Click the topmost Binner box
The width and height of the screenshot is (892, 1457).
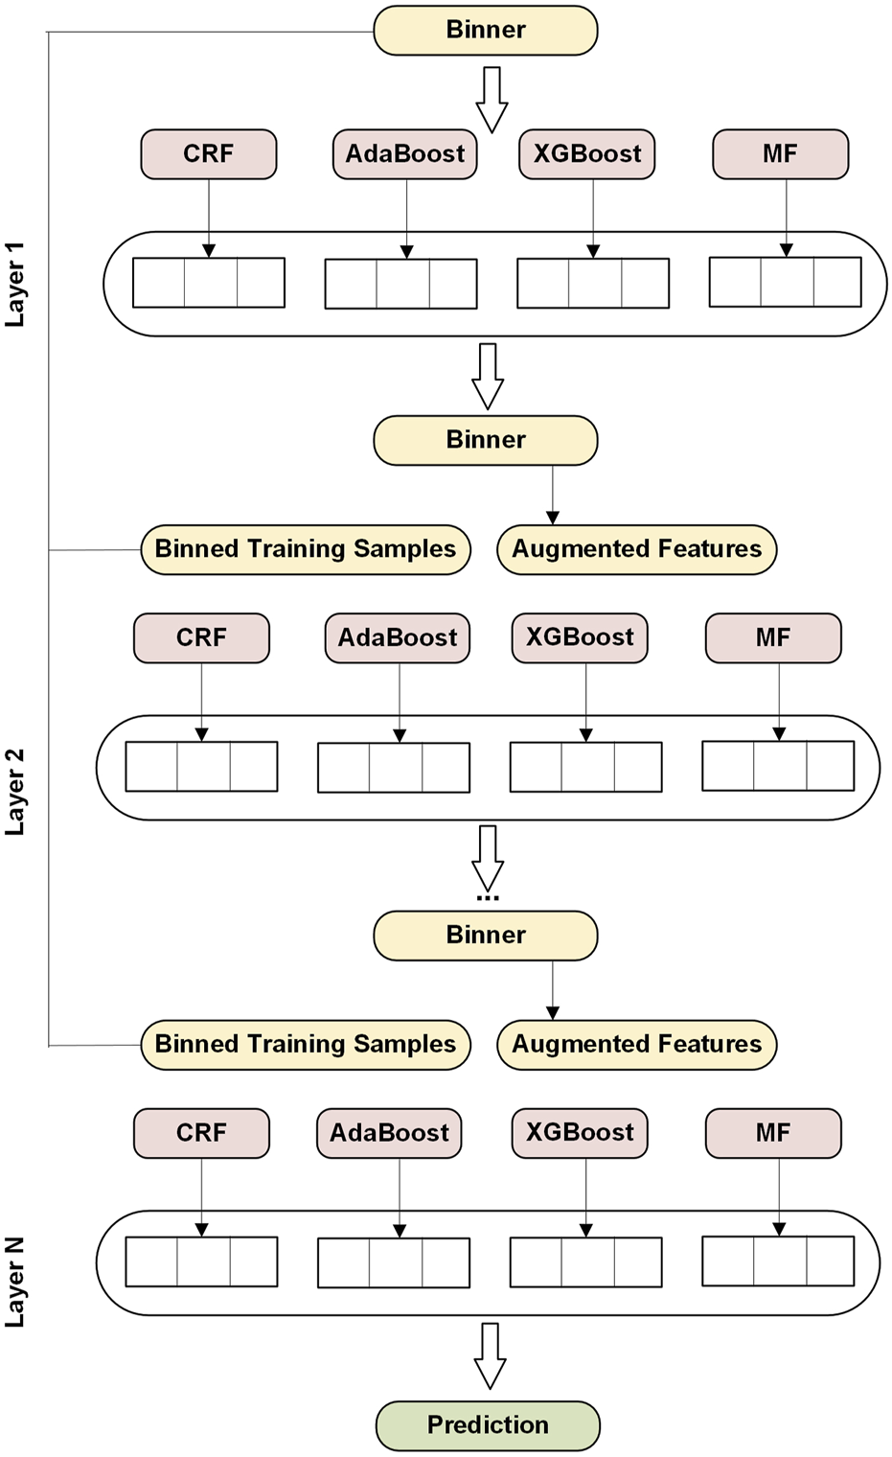click(x=485, y=30)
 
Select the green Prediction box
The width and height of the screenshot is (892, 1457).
click(x=488, y=1424)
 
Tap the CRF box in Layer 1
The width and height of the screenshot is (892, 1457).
click(x=208, y=153)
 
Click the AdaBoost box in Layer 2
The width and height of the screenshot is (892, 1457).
click(x=397, y=637)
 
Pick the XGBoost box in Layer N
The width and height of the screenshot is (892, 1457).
click(x=580, y=1132)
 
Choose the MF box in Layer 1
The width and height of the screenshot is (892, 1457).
click(x=780, y=153)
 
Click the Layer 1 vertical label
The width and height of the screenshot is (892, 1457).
click(x=15, y=284)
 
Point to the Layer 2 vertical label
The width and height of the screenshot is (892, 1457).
click(x=15, y=791)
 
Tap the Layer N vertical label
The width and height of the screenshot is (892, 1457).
click(x=15, y=1282)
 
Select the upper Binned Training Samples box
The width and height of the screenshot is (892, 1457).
click(x=305, y=549)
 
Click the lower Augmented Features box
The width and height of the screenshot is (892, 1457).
click(x=636, y=1044)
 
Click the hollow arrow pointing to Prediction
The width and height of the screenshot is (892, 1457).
click(x=490, y=1355)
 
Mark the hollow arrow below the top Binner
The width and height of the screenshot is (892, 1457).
click(x=492, y=99)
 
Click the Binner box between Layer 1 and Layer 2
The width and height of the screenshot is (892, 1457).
click(x=485, y=440)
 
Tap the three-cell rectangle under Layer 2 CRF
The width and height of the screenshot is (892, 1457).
click(x=201, y=766)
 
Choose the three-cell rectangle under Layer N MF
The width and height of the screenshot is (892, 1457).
click(x=778, y=1260)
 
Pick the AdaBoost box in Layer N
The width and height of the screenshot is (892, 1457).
click(x=389, y=1133)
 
